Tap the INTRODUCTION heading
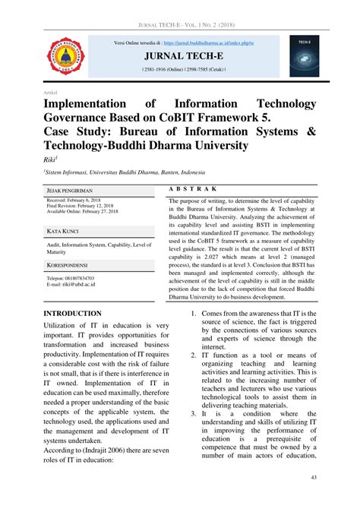tap(73, 313)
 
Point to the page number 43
tap(314, 477)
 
